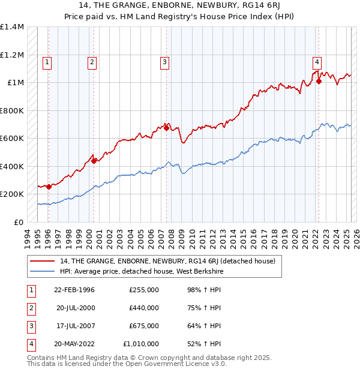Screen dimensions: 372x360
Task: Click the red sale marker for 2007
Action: coord(166,128)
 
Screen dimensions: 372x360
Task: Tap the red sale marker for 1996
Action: coord(49,187)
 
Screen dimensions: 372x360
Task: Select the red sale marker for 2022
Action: coord(319,82)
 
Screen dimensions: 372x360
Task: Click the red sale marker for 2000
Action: coord(94,161)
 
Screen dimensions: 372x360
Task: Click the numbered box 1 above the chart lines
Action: coord(47,61)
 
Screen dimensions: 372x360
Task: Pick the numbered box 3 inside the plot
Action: coord(164,61)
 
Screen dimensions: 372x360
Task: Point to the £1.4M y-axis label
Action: coord(12,27)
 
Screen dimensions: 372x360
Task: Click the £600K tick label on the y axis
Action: coord(12,139)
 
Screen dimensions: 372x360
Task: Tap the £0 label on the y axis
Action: coord(18,222)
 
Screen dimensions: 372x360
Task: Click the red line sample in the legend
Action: coord(42,261)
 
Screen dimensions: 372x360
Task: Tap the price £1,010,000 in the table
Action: coord(141,344)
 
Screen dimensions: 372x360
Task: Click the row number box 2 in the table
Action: coord(30,308)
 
